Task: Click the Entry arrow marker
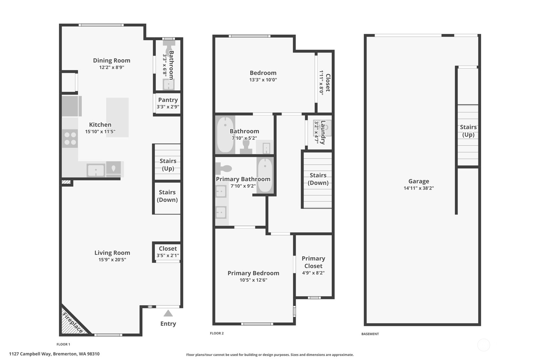(x=168, y=314)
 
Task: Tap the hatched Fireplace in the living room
(x=72, y=322)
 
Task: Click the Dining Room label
(x=111, y=60)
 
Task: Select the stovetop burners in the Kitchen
(x=70, y=138)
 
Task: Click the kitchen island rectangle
(x=117, y=117)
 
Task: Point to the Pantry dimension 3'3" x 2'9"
(x=168, y=107)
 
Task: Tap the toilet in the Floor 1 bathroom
(x=169, y=45)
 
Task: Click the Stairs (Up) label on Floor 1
(x=168, y=165)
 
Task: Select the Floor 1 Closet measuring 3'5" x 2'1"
(x=168, y=252)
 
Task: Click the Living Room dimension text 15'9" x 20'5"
(x=112, y=260)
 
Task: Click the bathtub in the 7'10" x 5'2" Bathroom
(x=225, y=134)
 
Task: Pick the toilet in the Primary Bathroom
(x=223, y=168)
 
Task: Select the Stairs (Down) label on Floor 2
(x=318, y=179)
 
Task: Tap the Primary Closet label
(x=313, y=262)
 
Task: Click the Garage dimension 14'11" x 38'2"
(x=418, y=188)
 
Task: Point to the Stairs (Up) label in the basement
(x=468, y=131)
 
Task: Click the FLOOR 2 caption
(x=217, y=333)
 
